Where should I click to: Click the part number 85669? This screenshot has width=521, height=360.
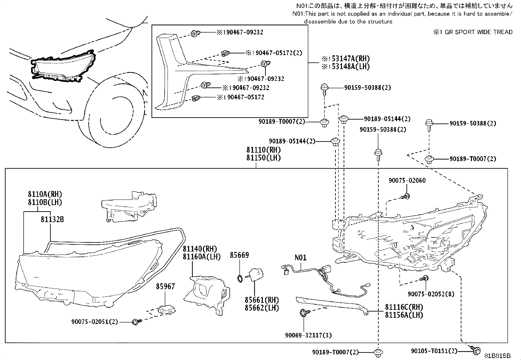tap(239, 255)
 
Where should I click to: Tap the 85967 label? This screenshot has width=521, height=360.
tap(165, 287)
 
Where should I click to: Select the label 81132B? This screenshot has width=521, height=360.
tap(52, 219)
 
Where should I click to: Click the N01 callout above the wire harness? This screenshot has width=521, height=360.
tap(300, 257)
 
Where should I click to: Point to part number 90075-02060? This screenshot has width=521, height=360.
tap(407, 180)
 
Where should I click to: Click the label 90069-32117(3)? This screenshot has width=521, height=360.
tap(308, 335)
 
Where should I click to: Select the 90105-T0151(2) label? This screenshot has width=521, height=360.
tap(434, 351)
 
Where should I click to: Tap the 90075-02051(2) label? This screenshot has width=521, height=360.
tap(95, 322)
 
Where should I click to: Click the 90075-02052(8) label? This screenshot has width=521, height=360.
tap(431, 294)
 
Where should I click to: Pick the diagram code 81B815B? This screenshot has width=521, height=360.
tap(497, 356)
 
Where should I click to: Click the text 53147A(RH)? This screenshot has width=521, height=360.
tap(350, 59)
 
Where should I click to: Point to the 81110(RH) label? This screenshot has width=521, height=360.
tap(263, 150)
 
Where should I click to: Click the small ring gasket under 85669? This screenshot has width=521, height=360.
tap(240, 278)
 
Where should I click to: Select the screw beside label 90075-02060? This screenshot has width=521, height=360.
tap(405, 197)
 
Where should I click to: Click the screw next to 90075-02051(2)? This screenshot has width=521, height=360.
tap(136, 322)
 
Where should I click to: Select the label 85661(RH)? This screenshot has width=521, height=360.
tap(262, 300)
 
